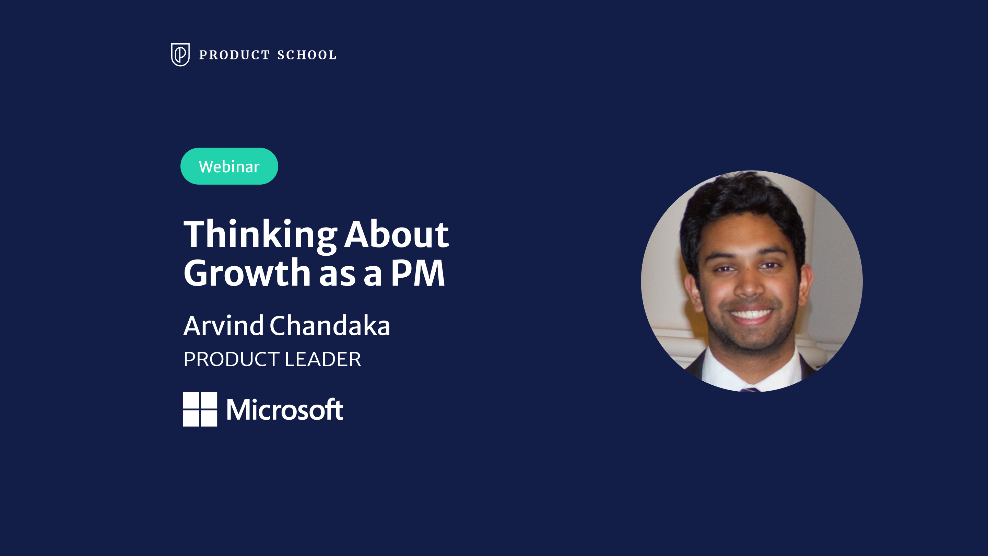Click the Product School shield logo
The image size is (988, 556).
180,55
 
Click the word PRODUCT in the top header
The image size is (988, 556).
235,55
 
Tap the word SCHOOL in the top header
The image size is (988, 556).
307,55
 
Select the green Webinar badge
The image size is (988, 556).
229,166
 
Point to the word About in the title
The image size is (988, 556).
397,234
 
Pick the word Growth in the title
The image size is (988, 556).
247,272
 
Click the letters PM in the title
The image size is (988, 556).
418,273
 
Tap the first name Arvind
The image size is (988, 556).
224,325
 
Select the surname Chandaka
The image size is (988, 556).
330,325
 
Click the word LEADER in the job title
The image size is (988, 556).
322,359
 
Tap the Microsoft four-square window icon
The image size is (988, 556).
200,409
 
